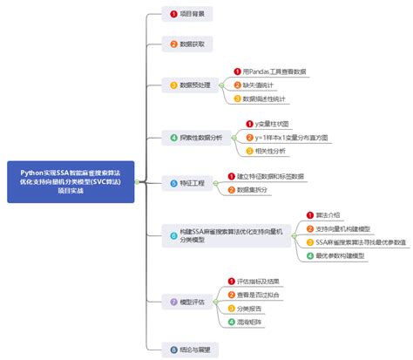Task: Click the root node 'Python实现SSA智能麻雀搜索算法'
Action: point(71,180)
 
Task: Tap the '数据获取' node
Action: point(188,43)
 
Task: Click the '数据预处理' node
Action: point(192,85)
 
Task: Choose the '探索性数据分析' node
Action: point(196,138)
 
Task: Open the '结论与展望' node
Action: point(193,348)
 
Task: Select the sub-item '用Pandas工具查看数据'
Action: point(274,71)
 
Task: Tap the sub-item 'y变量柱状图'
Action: point(267,125)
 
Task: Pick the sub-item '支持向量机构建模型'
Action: point(347,228)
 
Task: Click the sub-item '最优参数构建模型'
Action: point(347,255)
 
